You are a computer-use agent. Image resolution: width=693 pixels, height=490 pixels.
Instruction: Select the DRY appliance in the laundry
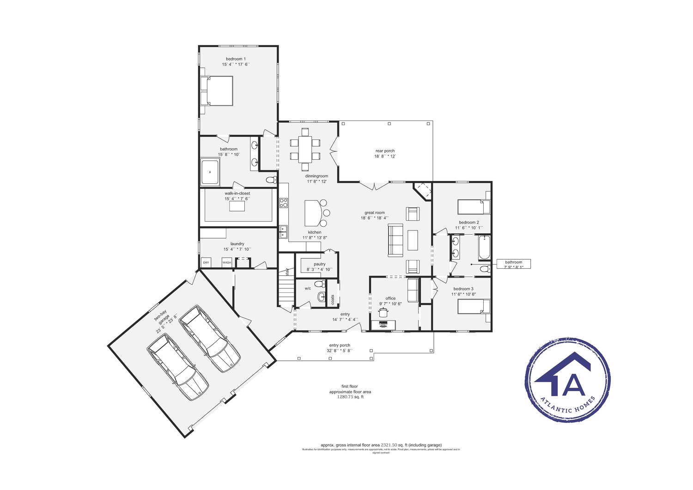point(206,262)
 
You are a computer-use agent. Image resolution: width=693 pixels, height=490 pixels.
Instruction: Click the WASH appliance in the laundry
point(226,262)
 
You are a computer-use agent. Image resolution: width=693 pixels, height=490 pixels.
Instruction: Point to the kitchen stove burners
point(283,202)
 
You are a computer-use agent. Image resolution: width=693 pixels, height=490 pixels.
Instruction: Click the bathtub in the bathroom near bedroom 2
point(484,248)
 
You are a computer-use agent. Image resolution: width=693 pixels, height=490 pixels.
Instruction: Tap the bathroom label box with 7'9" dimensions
point(513,264)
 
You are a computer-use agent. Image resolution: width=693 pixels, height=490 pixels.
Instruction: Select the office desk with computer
point(383,325)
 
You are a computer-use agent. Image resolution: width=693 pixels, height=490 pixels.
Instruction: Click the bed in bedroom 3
point(474,306)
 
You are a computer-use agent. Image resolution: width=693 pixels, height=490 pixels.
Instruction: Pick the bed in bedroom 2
point(474,207)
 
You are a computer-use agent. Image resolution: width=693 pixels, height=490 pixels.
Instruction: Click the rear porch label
point(385,153)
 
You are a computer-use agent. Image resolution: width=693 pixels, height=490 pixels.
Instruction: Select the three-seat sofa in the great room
point(395,240)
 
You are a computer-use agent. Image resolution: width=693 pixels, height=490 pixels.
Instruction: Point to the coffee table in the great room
point(413,240)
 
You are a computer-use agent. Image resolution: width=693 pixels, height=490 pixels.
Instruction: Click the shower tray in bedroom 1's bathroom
point(210,172)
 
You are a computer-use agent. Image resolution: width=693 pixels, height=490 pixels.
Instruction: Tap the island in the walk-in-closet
point(237,206)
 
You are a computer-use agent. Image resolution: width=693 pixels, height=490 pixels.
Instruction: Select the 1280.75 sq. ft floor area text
point(350,397)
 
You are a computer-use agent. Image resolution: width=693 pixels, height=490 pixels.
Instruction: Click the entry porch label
point(340,348)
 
